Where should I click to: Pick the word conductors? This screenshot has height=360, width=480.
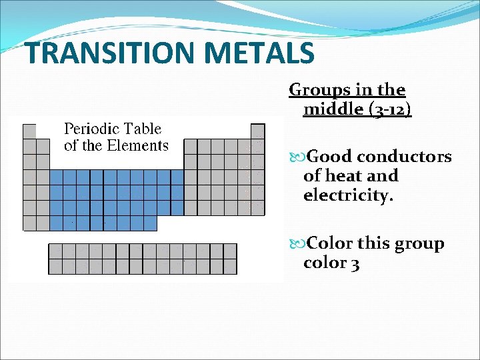coord(404,157)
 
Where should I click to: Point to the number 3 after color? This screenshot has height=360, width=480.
coord(355,263)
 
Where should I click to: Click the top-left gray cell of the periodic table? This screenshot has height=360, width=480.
coord(29,131)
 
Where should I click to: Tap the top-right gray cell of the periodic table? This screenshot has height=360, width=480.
coord(257,131)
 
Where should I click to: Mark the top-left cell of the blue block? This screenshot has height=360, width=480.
coord(57,177)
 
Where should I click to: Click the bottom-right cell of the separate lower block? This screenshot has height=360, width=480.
coord(230,267)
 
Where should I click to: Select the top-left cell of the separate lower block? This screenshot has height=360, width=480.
coord(55,251)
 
